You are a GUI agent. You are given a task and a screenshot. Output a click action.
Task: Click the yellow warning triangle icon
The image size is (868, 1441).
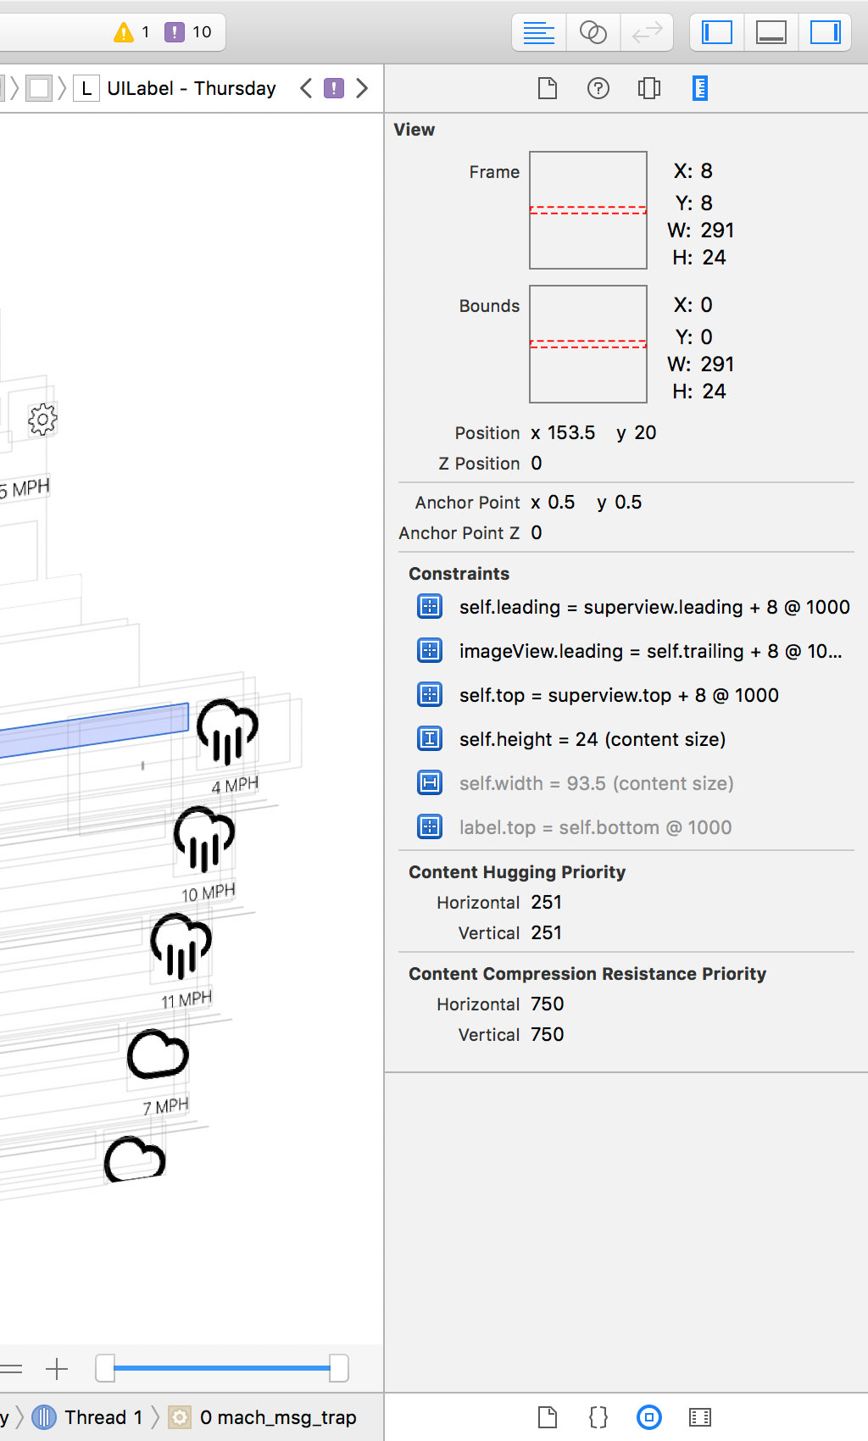124,32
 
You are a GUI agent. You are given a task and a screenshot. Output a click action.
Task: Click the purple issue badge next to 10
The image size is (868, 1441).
174,32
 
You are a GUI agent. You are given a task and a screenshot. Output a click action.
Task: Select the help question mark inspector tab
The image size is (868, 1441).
598,88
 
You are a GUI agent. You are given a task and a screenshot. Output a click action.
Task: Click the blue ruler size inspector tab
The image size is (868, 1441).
699,88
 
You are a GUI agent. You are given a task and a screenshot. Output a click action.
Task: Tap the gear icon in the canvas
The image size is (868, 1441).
42,419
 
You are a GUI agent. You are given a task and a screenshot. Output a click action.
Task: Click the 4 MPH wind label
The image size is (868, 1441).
235,786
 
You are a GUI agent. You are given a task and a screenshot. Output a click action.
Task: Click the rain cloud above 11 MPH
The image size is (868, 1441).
181,945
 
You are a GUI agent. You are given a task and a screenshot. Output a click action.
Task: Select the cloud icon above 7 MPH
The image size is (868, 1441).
158,1055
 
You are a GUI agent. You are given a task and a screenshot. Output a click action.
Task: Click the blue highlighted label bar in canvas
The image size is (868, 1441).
93,730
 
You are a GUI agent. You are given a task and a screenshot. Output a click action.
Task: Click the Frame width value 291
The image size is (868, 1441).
717,231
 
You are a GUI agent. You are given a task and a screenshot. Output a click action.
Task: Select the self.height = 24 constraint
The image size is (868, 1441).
592,739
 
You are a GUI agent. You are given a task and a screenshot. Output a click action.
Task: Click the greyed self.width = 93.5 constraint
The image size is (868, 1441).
596,783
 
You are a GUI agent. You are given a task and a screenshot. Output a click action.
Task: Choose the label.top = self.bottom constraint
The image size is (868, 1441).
595,827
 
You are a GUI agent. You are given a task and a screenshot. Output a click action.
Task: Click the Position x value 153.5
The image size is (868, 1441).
570,433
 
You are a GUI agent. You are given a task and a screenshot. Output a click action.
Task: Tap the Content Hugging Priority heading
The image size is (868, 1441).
517,872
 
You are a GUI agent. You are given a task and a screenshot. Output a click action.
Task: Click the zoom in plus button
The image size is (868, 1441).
57,1368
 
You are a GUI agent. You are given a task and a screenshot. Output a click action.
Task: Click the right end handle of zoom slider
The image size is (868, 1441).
338,1368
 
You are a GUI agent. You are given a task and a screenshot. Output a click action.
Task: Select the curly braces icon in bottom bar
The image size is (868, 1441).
598,1417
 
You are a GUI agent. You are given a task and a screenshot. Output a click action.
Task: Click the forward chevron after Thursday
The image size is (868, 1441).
362,88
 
